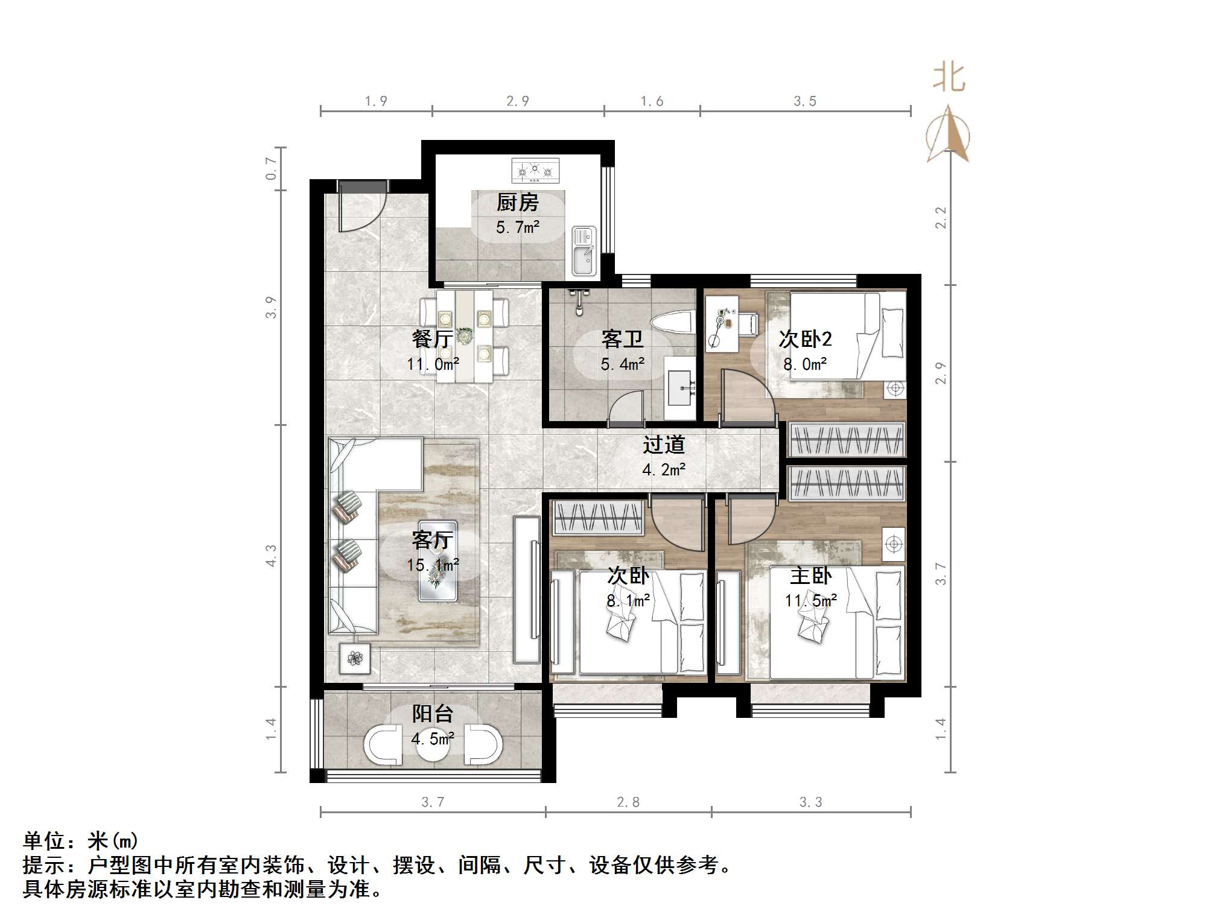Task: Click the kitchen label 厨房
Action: (x=517, y=203)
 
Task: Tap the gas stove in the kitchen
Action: (x=535, y=170)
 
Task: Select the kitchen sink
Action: (x=583, y=251)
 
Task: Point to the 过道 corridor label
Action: (x=664, y=445)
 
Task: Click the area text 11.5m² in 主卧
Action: (x=810, y=601)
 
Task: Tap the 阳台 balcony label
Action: (x=433, y=714)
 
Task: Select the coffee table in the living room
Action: (x=437, y=560)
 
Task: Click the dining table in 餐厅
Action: (x=464, y=336)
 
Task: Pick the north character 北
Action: (x=949, y=78)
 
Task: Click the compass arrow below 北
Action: (x=949, y=136)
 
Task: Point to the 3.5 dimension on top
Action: (x=805, y=101)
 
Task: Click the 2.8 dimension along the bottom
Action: (x=628, y=802)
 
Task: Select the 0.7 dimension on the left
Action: (x=272, y=168)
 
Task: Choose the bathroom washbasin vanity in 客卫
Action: (x=680, y=387)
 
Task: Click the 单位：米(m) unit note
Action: (x=81, y=841)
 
